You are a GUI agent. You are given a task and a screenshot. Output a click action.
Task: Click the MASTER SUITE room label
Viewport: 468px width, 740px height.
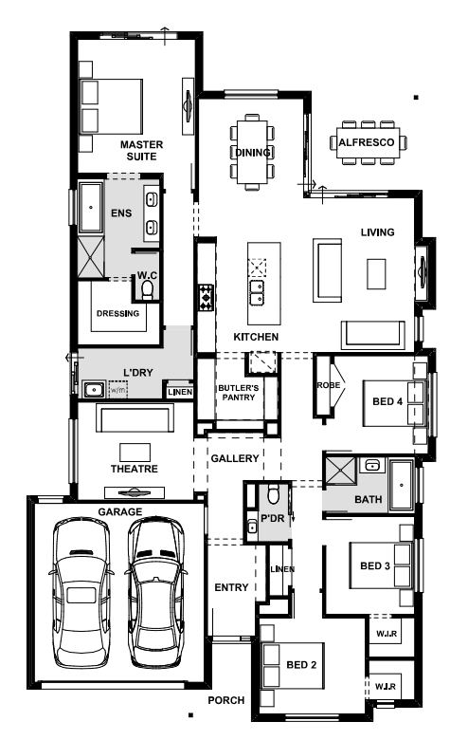click(x=141, y=151)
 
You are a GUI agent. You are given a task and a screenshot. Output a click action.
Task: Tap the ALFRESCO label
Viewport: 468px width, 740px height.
click(x=367, y=142)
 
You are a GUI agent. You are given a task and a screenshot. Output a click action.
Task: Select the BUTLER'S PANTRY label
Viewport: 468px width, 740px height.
click(x=239, y=393)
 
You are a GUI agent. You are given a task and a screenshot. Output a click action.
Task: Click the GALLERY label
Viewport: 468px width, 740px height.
click(x=235, y=458)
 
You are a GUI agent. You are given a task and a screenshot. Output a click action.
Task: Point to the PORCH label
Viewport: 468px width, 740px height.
click(x=226, y=700)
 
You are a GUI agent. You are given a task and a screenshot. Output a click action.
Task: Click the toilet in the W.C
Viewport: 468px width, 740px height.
click(x=148, y=290)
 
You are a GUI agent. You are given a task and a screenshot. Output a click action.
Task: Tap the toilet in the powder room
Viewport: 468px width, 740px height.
click(x=274, y=493)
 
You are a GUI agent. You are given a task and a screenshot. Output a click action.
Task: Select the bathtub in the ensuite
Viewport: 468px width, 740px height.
click(x=91, y=207)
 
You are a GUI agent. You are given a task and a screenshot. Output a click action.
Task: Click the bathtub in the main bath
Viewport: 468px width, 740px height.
click(x=401, y=485)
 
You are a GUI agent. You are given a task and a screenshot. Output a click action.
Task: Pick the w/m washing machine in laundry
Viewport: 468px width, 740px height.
click(x=118, y=389)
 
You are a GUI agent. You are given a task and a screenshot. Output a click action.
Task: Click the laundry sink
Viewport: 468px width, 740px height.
click(x=95, y=390)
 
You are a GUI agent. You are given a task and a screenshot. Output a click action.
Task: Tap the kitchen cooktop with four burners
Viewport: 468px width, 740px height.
click(x=206, y=297)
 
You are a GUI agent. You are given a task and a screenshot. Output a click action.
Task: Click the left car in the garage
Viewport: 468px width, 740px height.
click(x=81, y=593)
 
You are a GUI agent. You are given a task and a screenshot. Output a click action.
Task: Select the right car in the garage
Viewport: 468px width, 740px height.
click(x=156, y=593)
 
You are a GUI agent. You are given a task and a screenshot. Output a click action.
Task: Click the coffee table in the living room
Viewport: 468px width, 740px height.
click(x=376, y=274)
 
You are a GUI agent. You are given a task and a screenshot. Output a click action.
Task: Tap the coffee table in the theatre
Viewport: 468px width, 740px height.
click(x=135, y=453)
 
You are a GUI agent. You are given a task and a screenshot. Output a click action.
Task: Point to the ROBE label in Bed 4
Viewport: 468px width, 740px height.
click(x=329, y=385)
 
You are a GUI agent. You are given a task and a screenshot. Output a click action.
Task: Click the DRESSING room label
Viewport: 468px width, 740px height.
click(x=117, y=313)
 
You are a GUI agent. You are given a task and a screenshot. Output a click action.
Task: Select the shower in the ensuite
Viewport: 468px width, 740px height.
click(x=91, y=257)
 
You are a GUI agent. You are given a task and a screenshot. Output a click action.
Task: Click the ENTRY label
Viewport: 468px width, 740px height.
click(x=231, y=587)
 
